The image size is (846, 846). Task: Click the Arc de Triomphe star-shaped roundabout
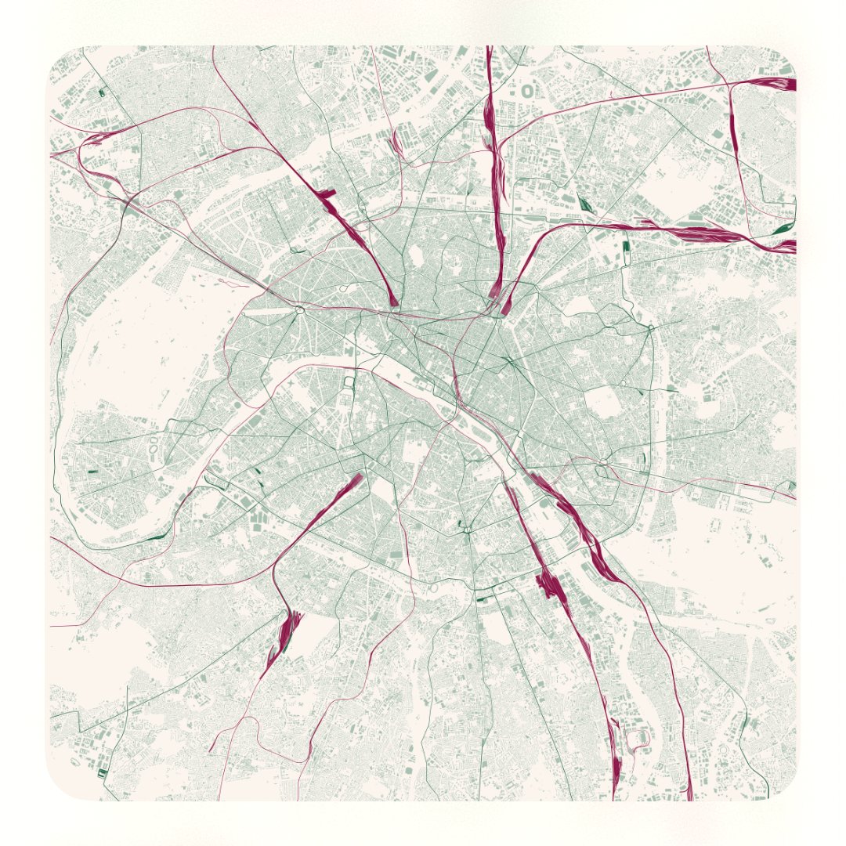(x=299, y=311)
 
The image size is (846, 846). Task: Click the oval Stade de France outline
(x=527, y=91)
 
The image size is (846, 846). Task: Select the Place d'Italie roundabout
(x=467, y=531)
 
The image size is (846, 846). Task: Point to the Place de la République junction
(x=510, y=361)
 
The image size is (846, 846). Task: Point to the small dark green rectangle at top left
(x=102, y=93)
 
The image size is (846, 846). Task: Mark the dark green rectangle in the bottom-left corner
(x=102, y=773)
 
